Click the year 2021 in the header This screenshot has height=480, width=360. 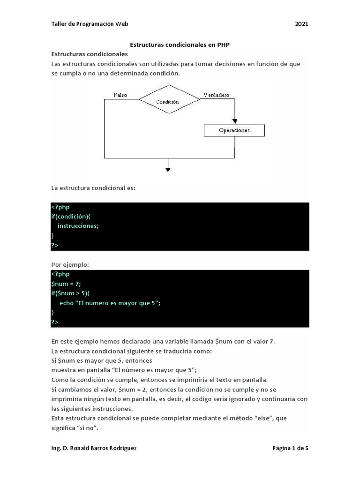point(301,24)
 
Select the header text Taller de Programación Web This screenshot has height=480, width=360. point(90,24)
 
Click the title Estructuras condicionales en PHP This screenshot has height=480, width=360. point(180,45)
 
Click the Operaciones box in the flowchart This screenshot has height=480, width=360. point(234,130)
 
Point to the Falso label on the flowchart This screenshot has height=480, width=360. point(120,95)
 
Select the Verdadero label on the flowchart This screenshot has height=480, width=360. point(216,95)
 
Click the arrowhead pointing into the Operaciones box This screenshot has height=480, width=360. point(234,121)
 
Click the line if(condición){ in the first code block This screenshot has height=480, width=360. point(74,216)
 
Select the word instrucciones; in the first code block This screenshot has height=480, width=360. point(78,225)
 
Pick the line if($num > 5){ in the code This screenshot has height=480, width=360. point(73,293)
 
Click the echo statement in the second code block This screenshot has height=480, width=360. point(110,303)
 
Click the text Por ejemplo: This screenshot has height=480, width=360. point(70,265)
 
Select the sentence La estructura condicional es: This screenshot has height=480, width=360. point(93,188)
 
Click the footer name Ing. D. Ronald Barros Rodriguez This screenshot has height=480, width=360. point(94,448)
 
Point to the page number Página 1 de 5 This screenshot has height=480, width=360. point(290,448)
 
